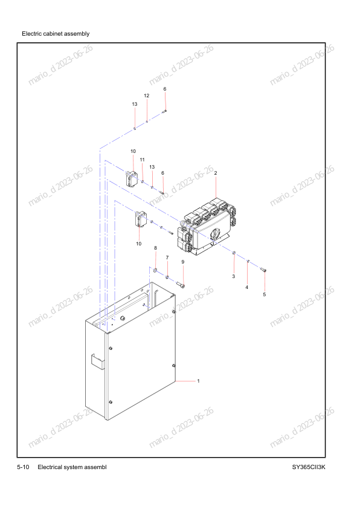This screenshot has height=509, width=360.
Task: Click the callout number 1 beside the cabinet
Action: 199,381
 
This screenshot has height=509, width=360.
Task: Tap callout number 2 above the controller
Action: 216,173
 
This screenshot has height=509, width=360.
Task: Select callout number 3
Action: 234,276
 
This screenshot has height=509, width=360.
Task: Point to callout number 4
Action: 247,287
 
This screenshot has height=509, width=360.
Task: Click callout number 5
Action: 265,294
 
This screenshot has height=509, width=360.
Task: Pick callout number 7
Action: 167,258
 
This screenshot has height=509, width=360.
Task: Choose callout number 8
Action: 155,248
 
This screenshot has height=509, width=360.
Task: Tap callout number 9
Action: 183,262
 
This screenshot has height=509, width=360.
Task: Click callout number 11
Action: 142,160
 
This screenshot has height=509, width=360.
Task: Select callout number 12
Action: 147,96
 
